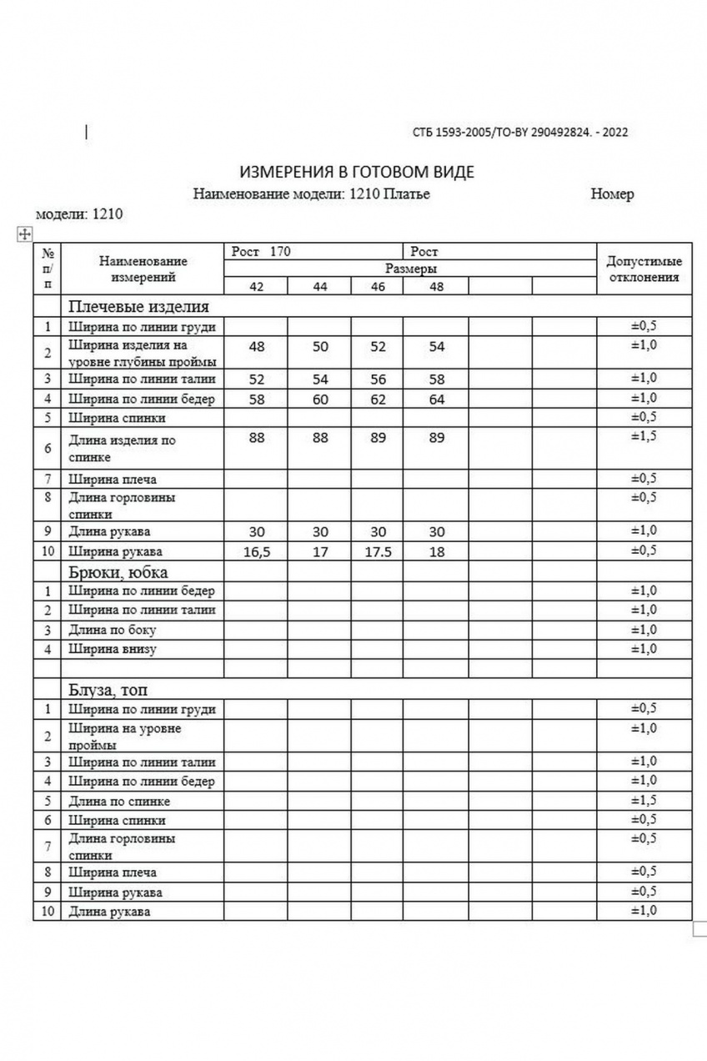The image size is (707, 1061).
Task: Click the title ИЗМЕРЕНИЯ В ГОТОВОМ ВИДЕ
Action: point(357,173)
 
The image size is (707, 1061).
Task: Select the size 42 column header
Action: point(257,287)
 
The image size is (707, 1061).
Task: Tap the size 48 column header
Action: point(437,287)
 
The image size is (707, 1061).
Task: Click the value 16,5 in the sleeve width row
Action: point(257,552)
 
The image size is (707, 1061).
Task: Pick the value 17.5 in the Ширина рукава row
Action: point(378,552)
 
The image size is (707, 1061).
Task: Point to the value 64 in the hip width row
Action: point(437,400)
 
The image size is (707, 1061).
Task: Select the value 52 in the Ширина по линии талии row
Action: point(257,380)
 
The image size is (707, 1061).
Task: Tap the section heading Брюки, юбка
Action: point(118,572)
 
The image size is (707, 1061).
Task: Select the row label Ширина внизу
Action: point(113,649)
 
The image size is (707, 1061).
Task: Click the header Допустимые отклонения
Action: point(644,269)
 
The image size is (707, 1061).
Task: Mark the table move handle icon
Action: point(24,234)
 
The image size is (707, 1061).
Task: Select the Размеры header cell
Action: point(411,269)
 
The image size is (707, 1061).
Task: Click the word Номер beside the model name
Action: point(612,194)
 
